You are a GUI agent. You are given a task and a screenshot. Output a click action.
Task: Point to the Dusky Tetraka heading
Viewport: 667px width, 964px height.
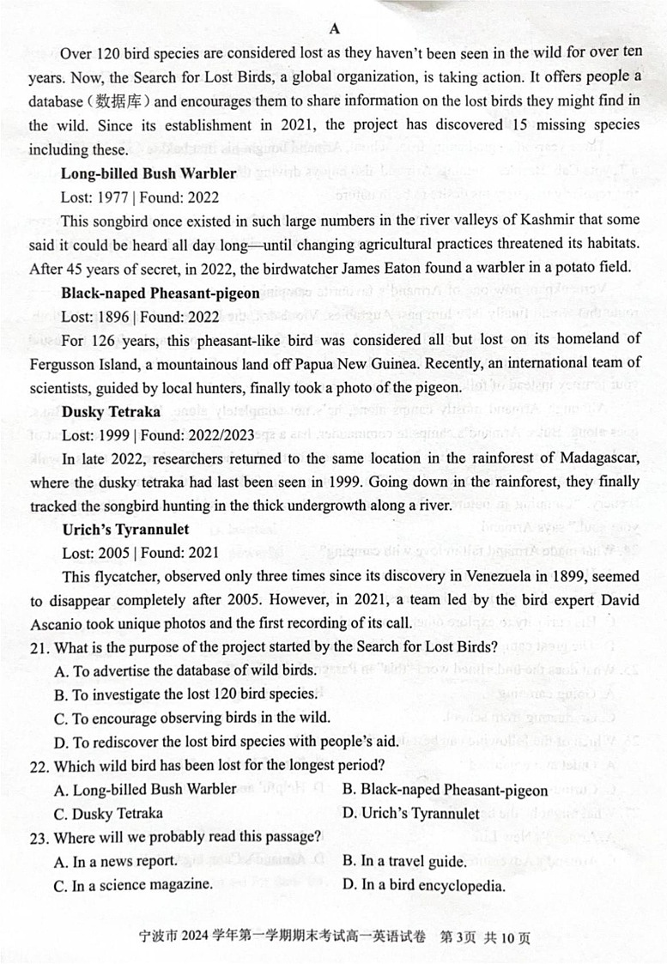[x=107, y=411]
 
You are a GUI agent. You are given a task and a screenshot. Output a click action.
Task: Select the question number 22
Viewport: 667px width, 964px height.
[x=39, y=765]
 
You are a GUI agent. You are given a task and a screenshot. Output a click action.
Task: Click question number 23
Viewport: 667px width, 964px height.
[x=39, y=836]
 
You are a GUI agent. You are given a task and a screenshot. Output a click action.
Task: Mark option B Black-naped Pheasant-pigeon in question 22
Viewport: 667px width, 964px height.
[x=445, y=790]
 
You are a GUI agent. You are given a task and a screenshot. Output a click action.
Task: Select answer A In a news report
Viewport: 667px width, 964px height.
[x=116, y=861]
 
